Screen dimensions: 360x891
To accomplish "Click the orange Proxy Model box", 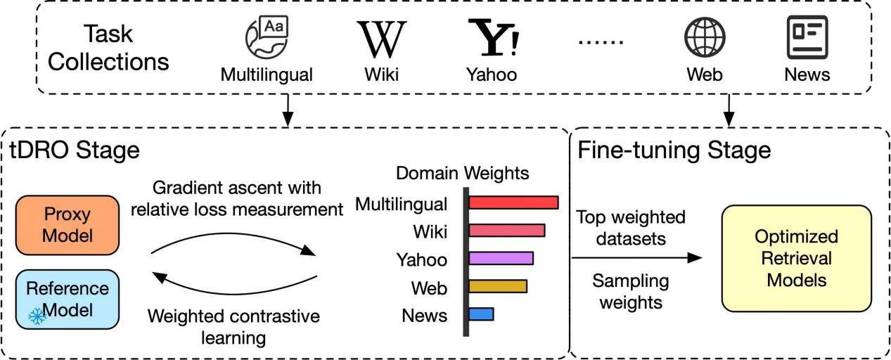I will (x=67, y=225).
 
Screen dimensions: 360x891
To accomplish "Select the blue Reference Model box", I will (x=67, y=299).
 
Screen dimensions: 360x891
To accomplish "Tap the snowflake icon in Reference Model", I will (x=37, y=316).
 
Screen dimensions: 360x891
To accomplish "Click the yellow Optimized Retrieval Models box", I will (x=796, y=258).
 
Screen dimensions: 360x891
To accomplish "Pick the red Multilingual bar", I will (x=513, y=203).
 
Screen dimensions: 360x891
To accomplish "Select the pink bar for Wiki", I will (x=506, y=231).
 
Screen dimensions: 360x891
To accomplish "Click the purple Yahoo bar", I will (x=501, y=258).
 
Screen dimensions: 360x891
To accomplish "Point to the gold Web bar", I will (x=497, y=286).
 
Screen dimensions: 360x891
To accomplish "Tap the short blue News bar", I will (x=481, y=314).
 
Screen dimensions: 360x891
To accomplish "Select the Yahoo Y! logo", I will (x=494, y=39).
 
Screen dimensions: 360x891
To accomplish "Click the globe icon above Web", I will (x=705, y=37).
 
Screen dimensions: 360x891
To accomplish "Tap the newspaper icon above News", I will (x=807, y=37).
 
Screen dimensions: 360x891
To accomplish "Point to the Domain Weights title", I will (x=462, y=173).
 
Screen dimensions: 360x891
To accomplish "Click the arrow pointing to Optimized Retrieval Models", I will (x=636, y=258).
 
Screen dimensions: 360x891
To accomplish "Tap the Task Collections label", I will (x=108, y=48).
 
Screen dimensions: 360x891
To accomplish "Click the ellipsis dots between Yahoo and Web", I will (x=600, y=41).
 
